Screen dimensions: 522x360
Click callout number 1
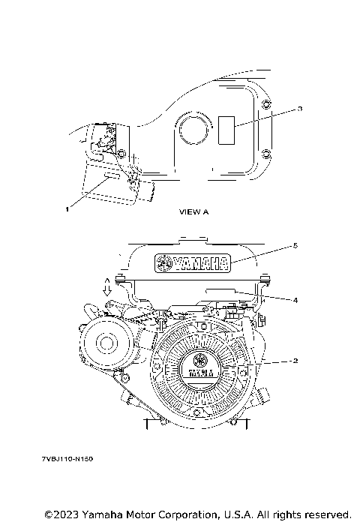[67, 210]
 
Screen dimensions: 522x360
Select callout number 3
[299, 109]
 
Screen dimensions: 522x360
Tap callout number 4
[295, 300]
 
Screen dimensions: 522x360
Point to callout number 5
[295, 244]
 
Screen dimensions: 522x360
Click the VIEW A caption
[194, 212]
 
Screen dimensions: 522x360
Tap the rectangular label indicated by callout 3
[227, 131]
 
